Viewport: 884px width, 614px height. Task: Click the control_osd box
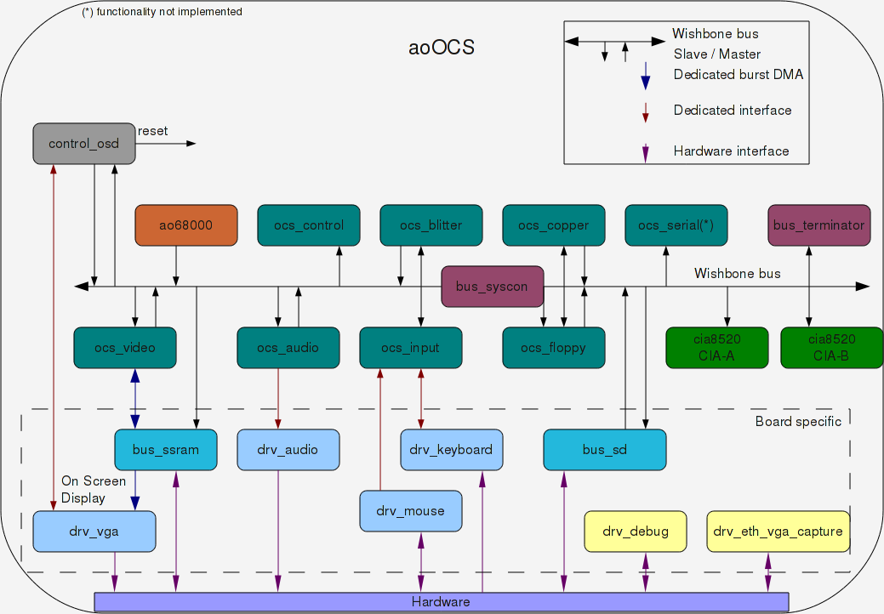(84, 144)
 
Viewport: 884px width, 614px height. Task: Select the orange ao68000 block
(186, 225)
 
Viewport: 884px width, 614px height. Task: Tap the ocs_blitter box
(431, 225)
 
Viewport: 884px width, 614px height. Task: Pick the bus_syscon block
(492, 287)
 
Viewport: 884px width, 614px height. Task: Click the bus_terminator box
(818, 225)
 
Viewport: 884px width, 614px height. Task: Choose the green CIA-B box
(831, 348)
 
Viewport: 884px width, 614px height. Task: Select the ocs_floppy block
(554, 348)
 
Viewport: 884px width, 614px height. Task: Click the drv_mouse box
(411, 511)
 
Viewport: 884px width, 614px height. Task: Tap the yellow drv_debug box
(635, 532)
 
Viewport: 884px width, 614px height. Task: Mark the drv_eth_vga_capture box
(778, 532)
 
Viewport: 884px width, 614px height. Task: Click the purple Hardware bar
(441, 602)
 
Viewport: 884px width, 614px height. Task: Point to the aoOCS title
(442, 48)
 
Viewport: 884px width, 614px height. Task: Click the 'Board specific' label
(798, 422)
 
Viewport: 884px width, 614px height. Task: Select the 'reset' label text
(153, 131)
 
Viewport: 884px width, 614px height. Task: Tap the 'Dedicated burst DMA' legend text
(738, 75)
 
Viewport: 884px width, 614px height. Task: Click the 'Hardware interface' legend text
(731, 151)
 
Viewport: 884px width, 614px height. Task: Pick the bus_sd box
(604, 450)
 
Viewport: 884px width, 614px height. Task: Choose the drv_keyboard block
(451, 450)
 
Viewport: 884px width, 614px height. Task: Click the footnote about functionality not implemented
(162, 12)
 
